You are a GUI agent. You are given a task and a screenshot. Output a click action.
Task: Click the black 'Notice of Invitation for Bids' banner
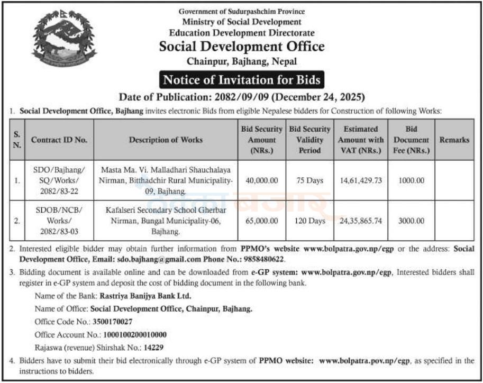[241, 80]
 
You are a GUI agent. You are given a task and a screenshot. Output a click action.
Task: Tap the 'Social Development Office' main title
[242, 47]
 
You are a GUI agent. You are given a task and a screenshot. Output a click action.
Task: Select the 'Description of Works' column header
[165, 140]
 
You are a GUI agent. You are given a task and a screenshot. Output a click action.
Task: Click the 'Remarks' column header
[454, 140]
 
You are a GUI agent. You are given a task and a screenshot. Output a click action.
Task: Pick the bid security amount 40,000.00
[261, 180]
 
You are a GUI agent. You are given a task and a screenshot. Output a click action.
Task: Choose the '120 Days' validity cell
[309, 221]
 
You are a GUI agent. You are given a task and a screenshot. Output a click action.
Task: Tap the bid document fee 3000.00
[411, 221]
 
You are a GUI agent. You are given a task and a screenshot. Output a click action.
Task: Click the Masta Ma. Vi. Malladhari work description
[165, 180]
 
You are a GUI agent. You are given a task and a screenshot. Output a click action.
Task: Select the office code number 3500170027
[112, 321]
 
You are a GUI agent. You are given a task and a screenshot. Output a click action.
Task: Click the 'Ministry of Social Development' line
[242, 22]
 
